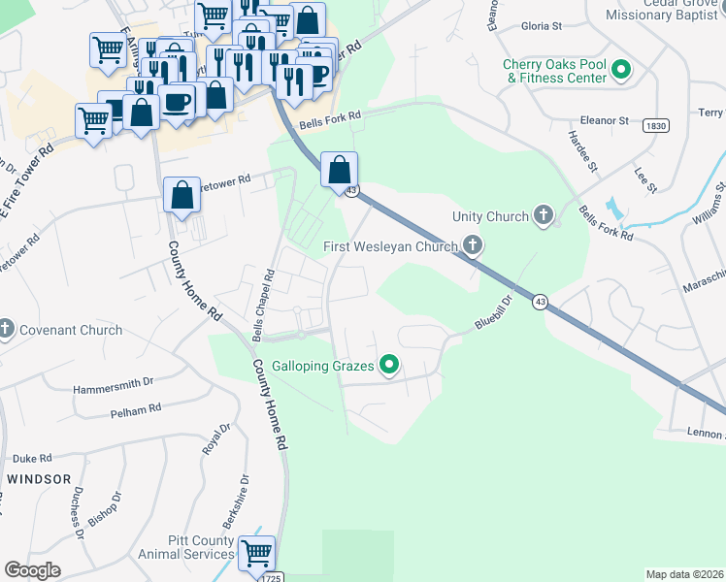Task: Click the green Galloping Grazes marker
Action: [x=389, y=366]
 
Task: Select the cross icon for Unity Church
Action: [x=544, y=216]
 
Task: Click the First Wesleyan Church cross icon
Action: [x=473, y=246]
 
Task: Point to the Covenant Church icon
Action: [x=7, y=330]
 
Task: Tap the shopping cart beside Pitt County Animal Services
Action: [x=257, y=554]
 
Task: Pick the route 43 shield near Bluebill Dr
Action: [x=539, y=304]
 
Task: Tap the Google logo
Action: [x=32, y=570]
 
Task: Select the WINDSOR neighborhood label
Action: [x=39, y=479]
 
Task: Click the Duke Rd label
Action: [x=31, y=458]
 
